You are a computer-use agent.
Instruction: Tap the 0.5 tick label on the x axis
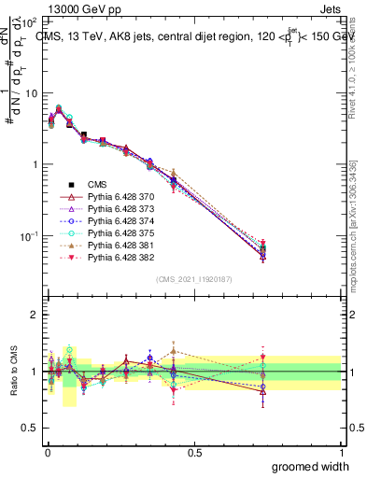[194, 453]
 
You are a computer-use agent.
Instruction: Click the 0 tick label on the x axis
[47, 453]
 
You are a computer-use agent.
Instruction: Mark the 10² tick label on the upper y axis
[30, 21]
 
